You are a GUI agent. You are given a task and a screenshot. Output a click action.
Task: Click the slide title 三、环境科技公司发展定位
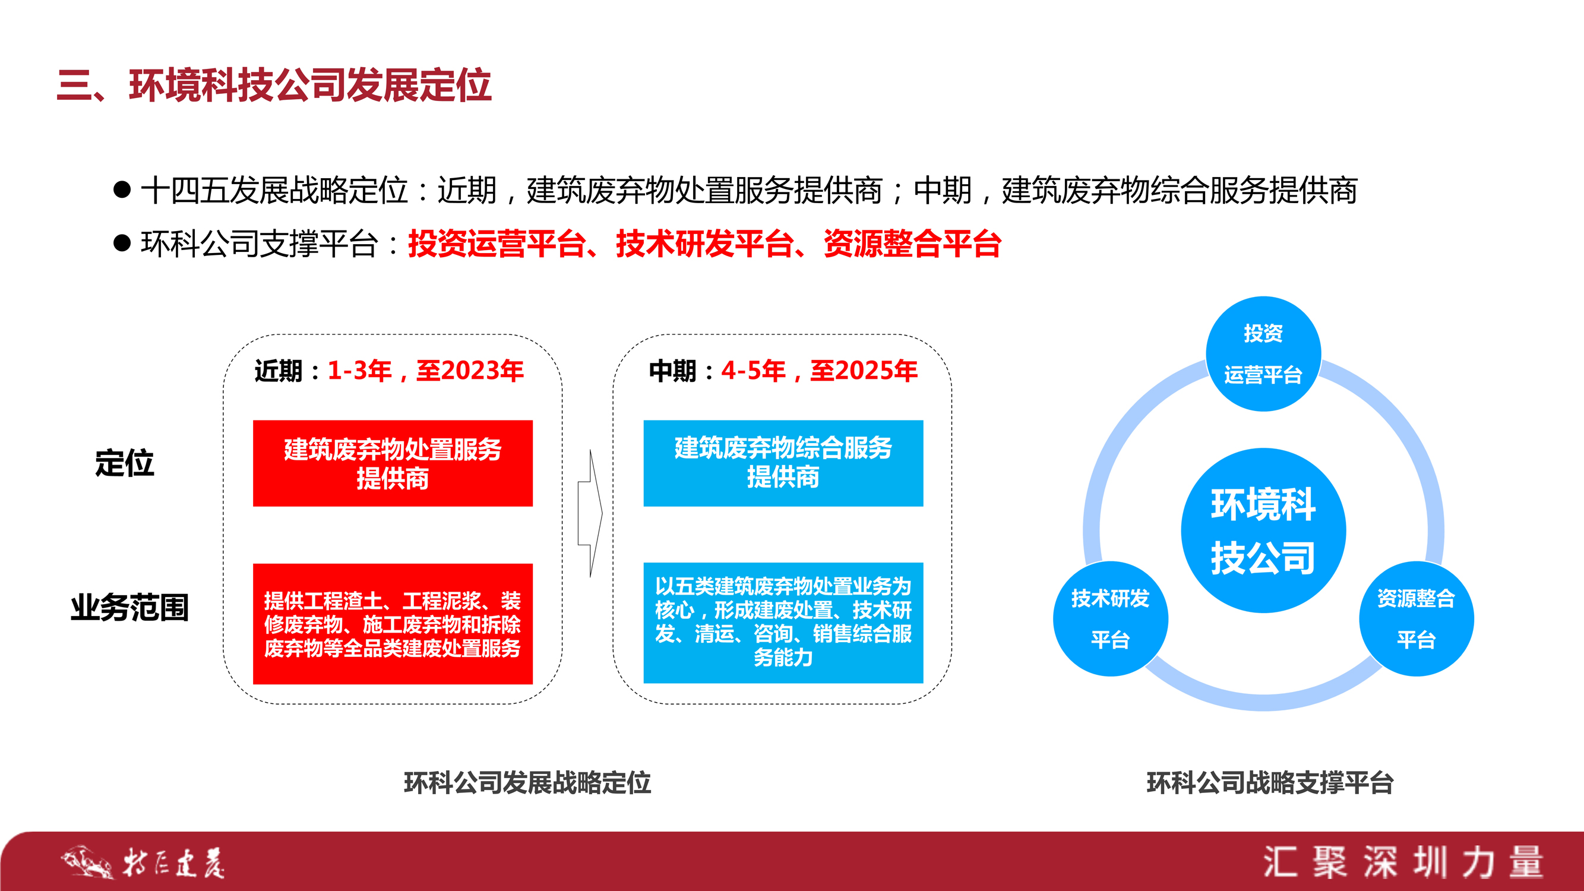pos(274,85)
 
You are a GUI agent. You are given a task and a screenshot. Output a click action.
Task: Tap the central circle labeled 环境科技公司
pos(1264,530)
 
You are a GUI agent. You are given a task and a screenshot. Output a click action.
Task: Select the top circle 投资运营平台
pos(1264,353)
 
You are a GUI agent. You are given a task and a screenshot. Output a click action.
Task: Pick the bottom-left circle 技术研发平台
pos(1111,618)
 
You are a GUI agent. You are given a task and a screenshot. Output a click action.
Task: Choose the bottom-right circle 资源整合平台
pos(1416,618)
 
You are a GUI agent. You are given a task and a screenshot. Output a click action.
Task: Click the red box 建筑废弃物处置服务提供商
pos(393,463)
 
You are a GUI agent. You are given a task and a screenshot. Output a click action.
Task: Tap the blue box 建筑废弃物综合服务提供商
pos(783,463)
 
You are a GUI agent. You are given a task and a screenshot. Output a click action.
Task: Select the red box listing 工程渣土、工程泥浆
pos(393,624)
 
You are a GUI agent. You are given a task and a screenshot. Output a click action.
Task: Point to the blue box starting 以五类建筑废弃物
pos(783,623)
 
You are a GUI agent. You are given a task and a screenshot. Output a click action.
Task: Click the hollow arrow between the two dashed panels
pos(590,513)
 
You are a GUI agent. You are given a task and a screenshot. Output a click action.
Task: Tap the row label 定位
pos(124,463)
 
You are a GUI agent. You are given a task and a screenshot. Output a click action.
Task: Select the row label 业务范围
pos(129,608)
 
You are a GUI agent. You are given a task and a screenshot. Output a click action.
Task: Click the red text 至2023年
pos(470,370)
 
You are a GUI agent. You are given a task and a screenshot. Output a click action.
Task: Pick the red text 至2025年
pos(864,370)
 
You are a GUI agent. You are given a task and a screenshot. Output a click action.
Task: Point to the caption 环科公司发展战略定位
pos(527,783)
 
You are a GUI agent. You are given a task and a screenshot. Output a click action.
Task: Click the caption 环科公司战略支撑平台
pos(1270,783)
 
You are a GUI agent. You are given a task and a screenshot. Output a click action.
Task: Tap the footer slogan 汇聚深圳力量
pos(1404,862)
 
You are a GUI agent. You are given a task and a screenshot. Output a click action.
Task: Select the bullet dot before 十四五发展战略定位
pos(122,189)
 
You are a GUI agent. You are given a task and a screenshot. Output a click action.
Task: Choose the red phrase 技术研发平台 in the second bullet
pos(704,244)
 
